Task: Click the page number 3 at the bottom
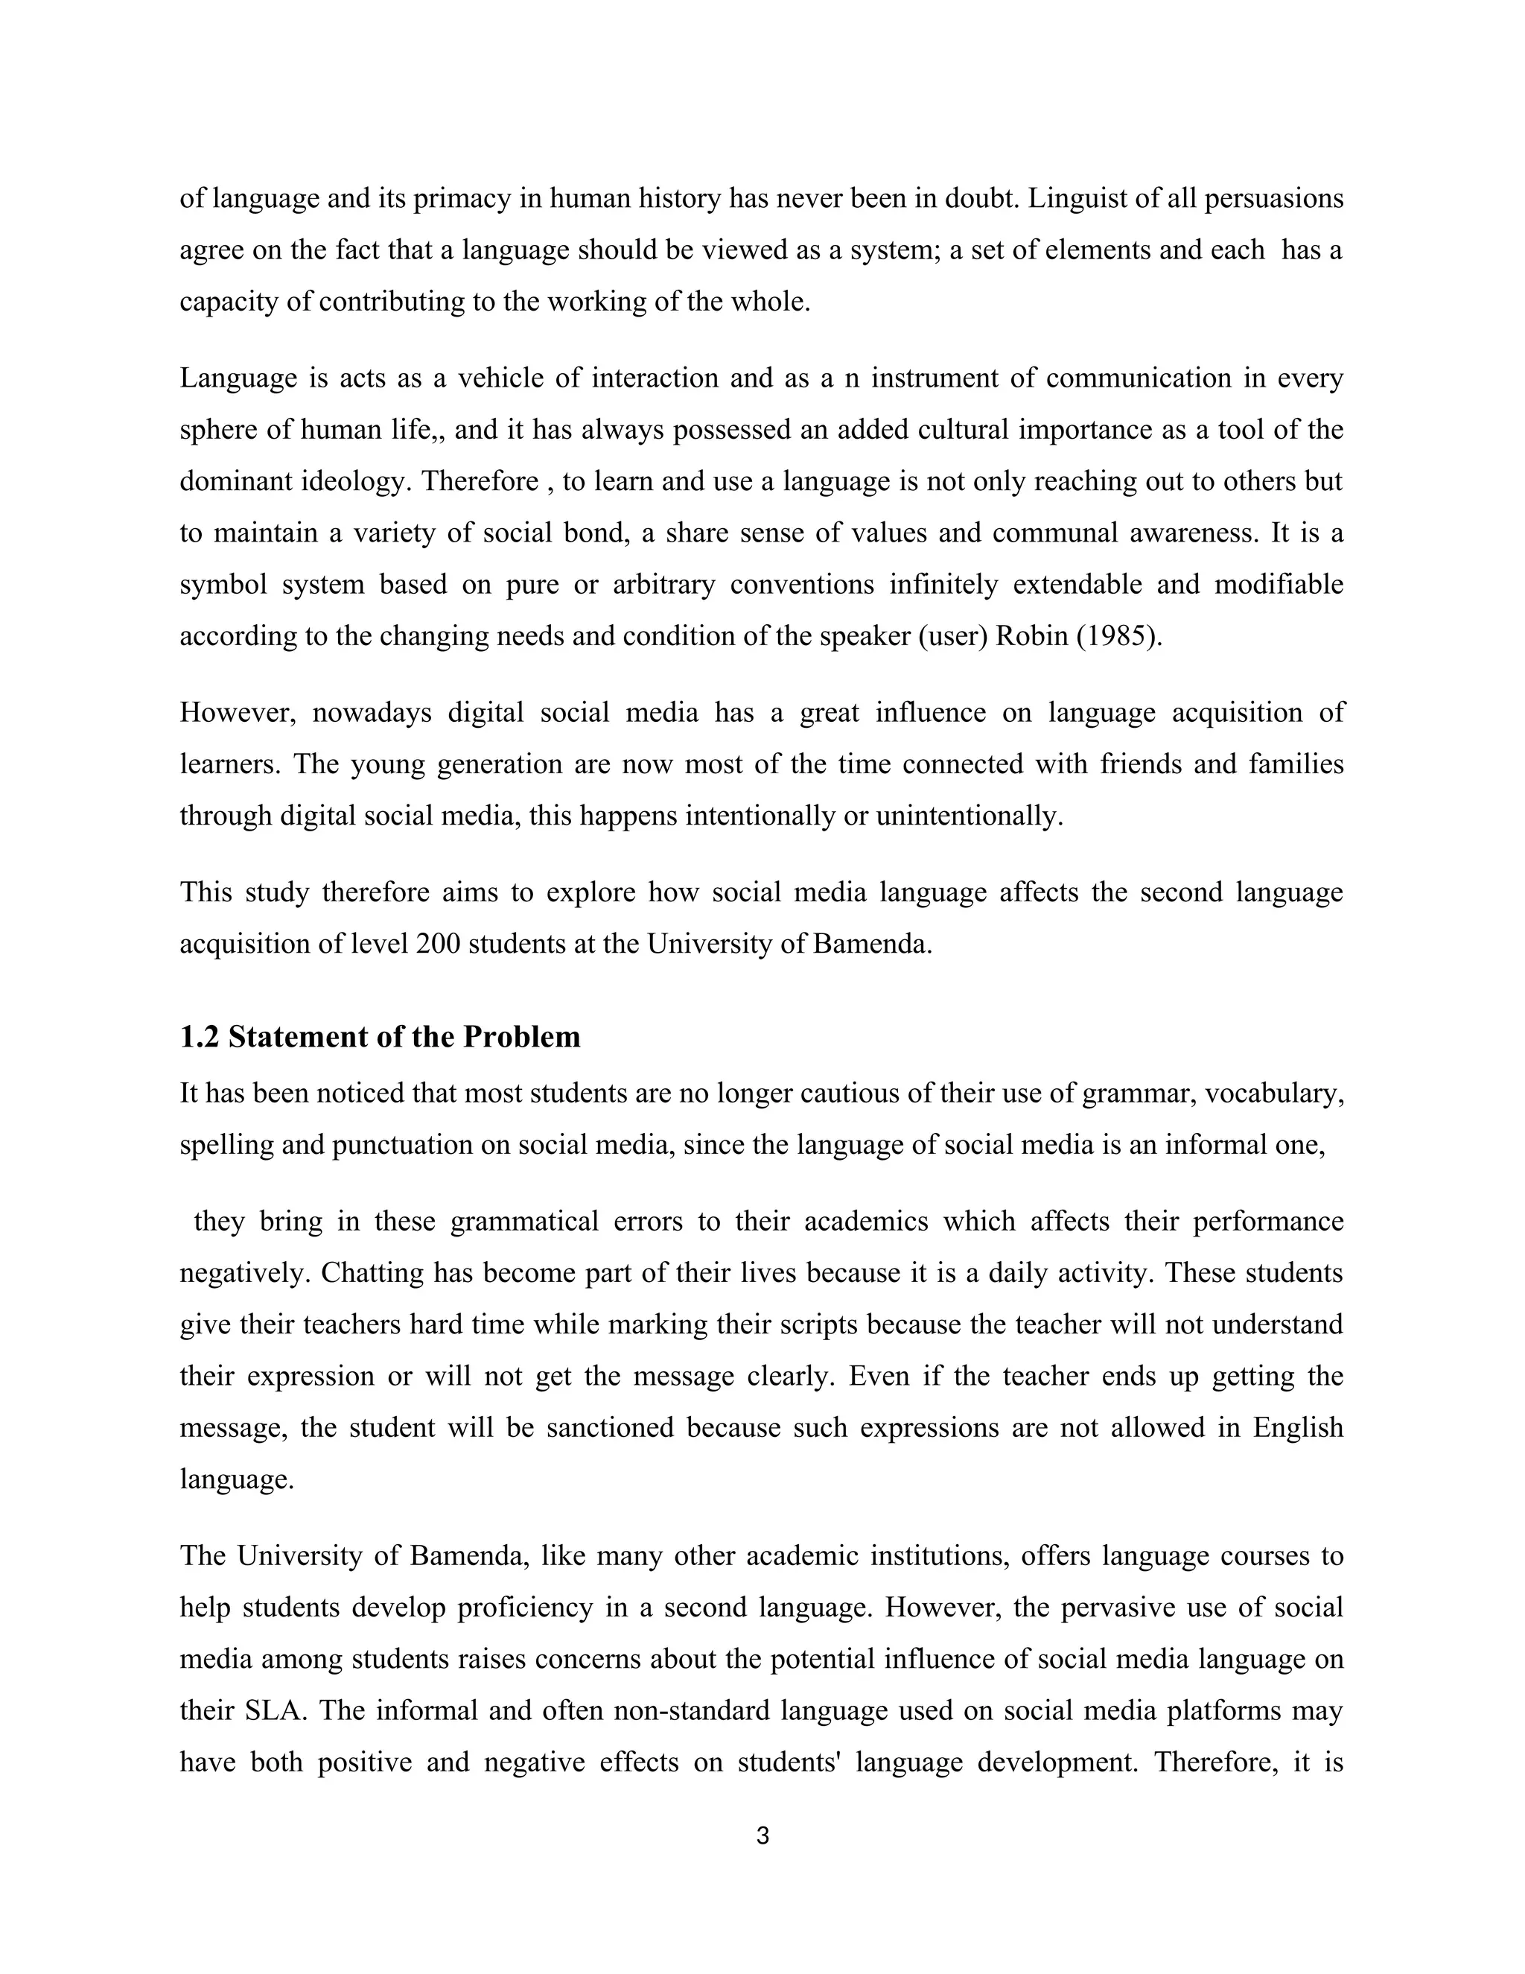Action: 762,1835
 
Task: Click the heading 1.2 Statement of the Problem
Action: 380,1037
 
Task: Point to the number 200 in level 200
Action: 438,944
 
